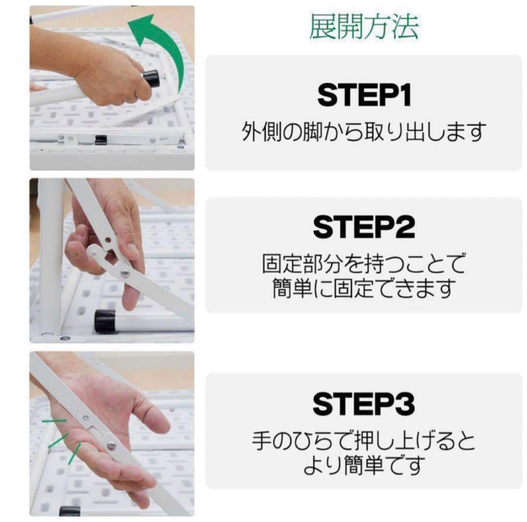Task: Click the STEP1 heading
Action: [364, 96]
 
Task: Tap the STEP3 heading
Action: [364, 404]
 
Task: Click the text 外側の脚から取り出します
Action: [364, 132]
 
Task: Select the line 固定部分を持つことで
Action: [364, 265]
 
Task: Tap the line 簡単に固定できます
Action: [364, 288]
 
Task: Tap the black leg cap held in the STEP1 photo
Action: [152, 79]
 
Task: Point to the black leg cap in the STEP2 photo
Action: [104, 321]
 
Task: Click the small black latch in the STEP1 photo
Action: [101, 140]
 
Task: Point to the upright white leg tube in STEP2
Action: [50, 254]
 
